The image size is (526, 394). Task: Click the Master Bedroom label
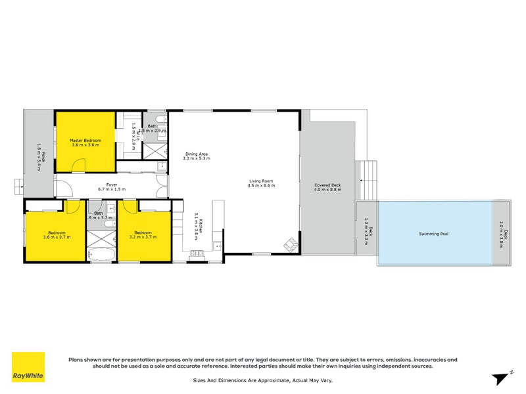point(85,139)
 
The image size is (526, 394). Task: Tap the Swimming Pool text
point(434,234)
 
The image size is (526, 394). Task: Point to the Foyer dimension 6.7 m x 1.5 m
point(112,189)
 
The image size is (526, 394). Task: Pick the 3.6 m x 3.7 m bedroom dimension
point(57,236)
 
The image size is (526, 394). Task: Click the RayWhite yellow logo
point(28,367)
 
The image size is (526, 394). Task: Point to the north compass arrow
point(501,376)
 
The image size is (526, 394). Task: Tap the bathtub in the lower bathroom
point(103,254)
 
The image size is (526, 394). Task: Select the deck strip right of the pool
point(502,234)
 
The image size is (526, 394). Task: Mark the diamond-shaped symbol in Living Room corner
point(289,246)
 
